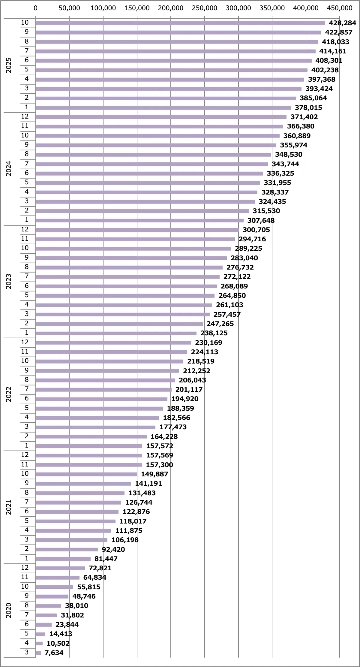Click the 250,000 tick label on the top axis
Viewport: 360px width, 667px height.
pos(205,8)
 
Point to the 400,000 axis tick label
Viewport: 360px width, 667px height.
pos(306,8)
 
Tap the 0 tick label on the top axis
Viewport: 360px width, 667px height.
pos(36,8)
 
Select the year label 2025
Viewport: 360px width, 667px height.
pos(9,65)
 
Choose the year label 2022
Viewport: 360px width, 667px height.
pos(9,394)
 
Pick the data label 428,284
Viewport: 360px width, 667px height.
pos(342,23)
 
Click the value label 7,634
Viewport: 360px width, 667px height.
pos(54,653)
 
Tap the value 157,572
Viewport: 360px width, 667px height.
pos(160,446)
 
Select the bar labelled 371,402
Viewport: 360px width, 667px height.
pos(161,117)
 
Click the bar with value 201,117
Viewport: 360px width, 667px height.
pos(103,390)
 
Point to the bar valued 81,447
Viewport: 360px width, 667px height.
pos(63,559)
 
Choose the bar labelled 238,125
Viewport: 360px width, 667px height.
pos(116,333)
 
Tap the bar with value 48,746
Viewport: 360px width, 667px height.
pos(52,596)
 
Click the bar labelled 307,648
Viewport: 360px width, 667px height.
pos(139,220)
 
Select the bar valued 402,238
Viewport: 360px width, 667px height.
pos(171,70)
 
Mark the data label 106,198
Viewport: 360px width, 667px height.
pos(125,540)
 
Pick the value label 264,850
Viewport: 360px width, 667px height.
pos(232,295)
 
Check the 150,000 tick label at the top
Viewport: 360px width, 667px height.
pos(137,8)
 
